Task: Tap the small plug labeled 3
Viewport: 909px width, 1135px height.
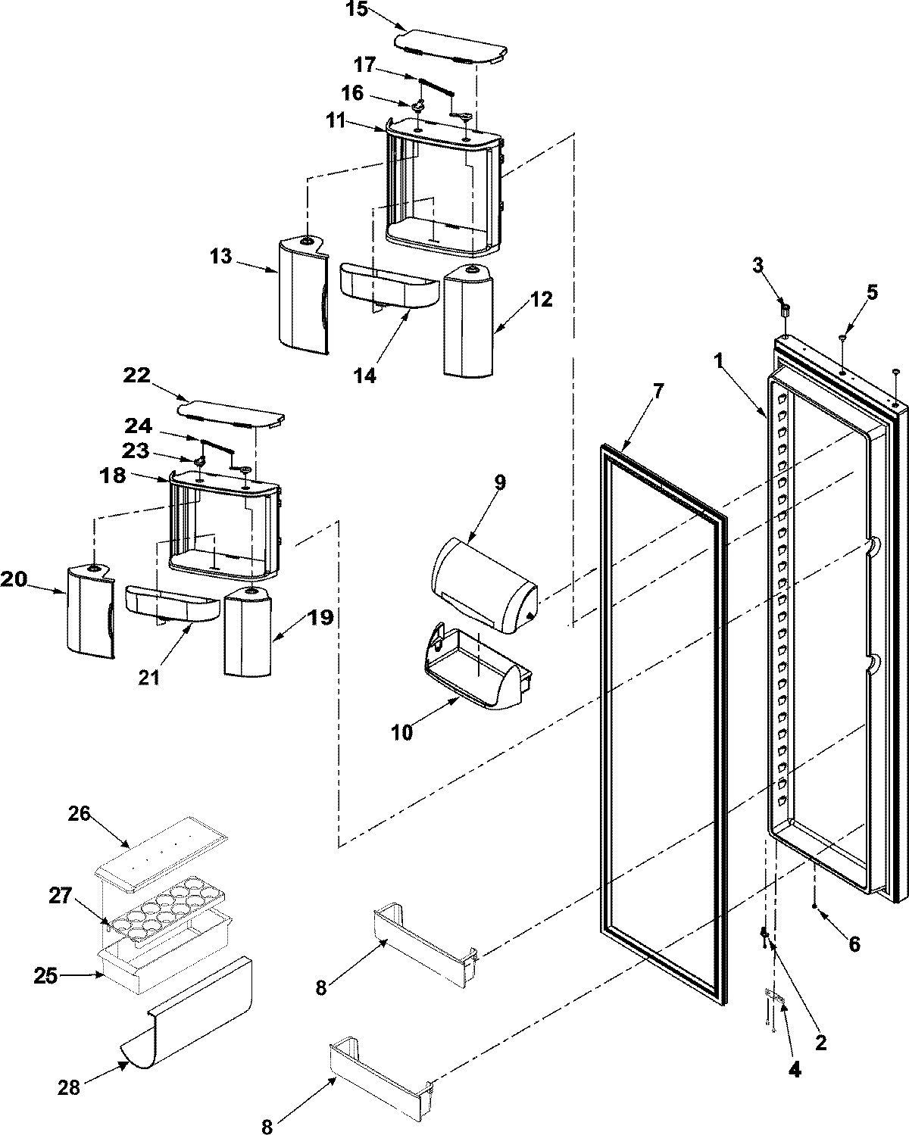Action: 786,310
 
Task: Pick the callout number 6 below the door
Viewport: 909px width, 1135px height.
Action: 854,943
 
